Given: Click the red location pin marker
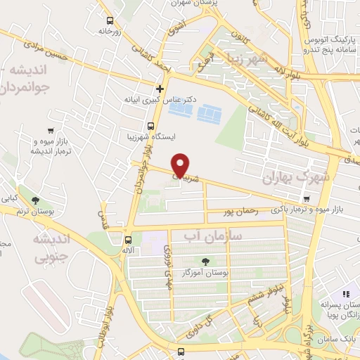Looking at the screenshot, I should pos(181,165).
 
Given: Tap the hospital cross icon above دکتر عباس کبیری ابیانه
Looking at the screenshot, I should pos(160,89).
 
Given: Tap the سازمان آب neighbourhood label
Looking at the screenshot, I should pos(212,236).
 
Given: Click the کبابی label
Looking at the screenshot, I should pos(9,199).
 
